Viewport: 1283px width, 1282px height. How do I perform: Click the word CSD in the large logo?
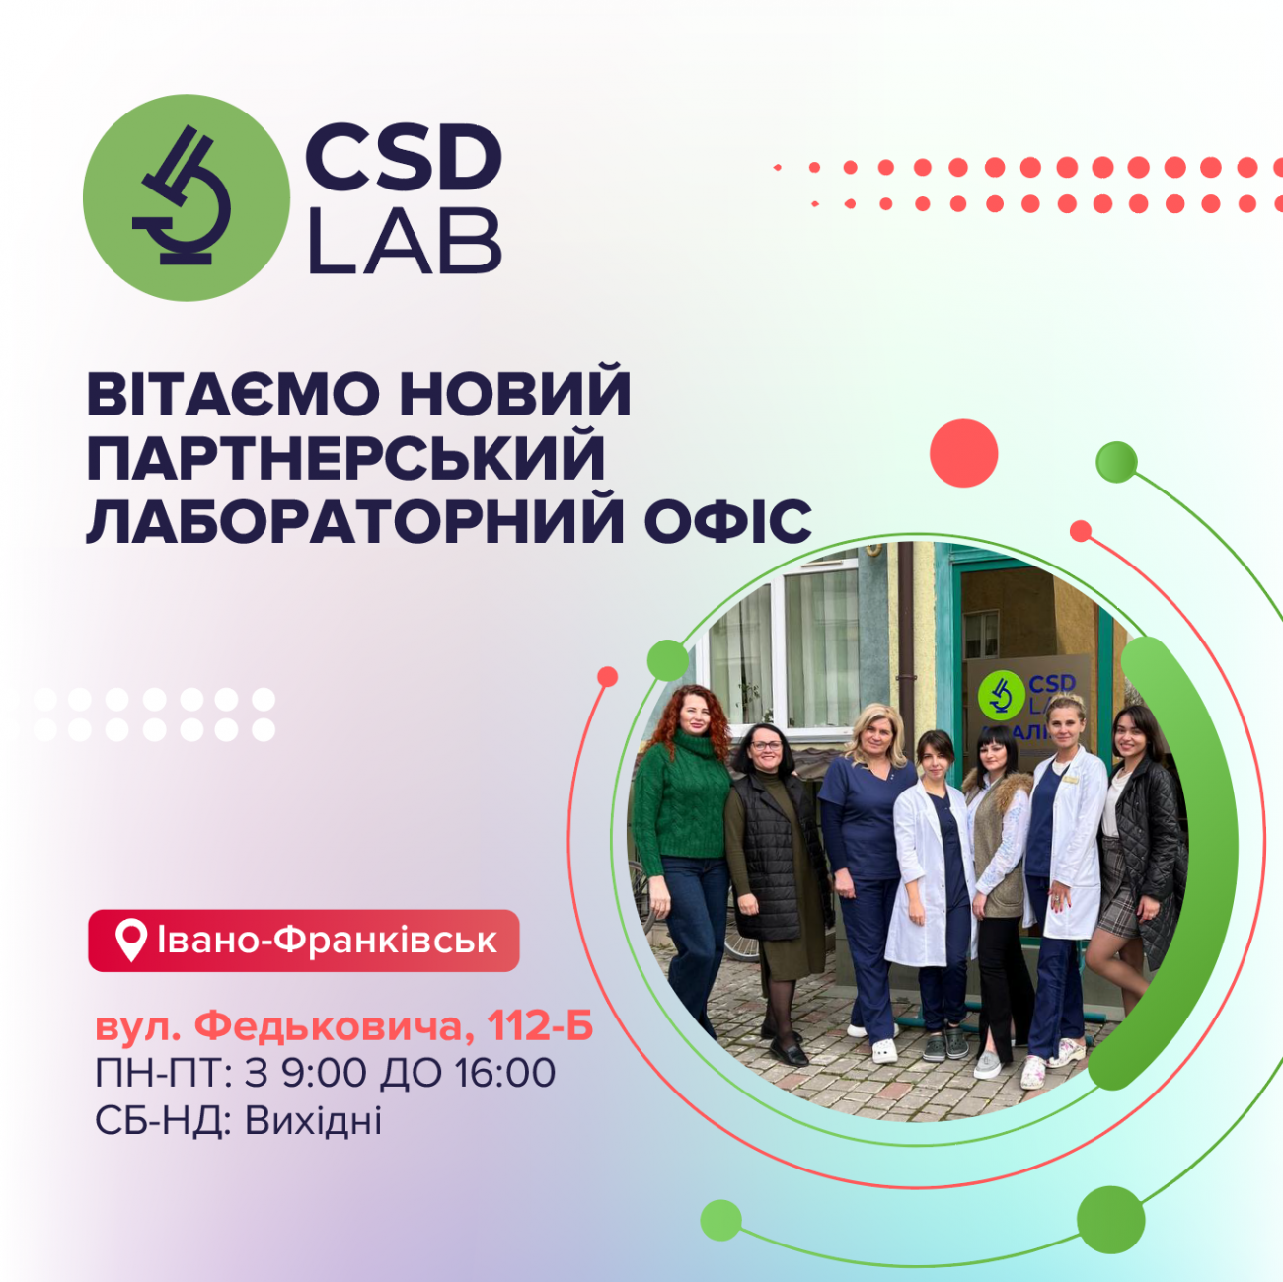pos(403,159)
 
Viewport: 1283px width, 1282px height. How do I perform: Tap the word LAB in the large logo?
pos(405,242)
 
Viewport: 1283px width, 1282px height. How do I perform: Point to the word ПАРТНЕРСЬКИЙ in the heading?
pos(346,457)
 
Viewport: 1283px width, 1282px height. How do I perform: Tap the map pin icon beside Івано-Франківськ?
pos(131,941)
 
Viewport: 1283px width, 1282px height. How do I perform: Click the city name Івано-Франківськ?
pos(327,941)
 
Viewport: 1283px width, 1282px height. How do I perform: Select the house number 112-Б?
pos(541,1026)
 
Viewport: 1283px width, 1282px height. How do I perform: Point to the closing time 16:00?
pos(504,1073)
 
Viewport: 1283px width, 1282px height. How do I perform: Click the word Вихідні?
pos(313,1120)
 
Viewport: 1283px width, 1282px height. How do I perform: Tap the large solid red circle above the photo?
pos(963,453)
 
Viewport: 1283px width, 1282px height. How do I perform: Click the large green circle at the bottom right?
pos(1110,1220)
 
